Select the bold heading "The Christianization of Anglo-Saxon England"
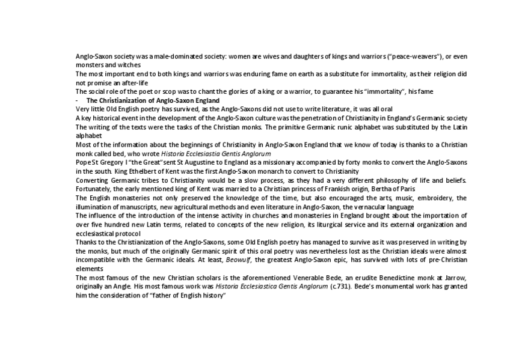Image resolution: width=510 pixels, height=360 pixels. (x=153, y=100)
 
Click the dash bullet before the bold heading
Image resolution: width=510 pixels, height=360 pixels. (x=77, y=100)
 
